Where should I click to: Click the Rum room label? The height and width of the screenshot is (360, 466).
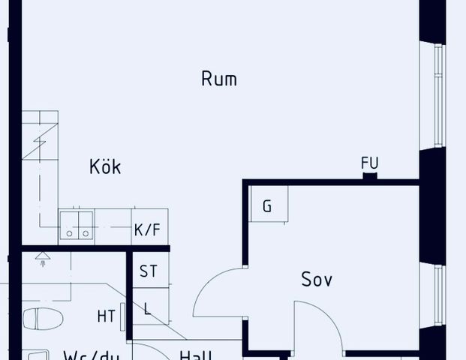pyautogui.click(x=219, y=78)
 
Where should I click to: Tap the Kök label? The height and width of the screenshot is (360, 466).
pyautogui.click(x=104, y=166)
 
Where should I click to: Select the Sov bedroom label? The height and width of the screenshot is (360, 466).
pyautogui.click(x=317, y=280)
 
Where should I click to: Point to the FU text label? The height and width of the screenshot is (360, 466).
pyautogui.click(x=369, y=163)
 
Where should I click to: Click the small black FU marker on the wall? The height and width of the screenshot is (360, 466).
pyautogui.click(x=369, y=177)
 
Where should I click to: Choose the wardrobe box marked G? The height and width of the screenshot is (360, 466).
pyautogui.click(x=267, y=206)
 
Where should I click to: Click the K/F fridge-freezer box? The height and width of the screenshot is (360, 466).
pyautogui.click(x=147, y=229)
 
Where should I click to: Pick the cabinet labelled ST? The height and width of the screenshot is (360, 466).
pyautogui.click(x=149, y=271)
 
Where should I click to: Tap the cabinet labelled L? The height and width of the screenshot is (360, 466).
pyautogui.click(x=148, y=307)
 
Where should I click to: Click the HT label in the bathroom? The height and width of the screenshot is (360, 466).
pyautogui.click(x=106, y=316)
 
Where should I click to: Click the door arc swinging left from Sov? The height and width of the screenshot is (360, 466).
pyautogui.click(x=218, y=292)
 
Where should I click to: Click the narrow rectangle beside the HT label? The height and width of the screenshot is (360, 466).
pyautogui.click(x=122, y=316)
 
